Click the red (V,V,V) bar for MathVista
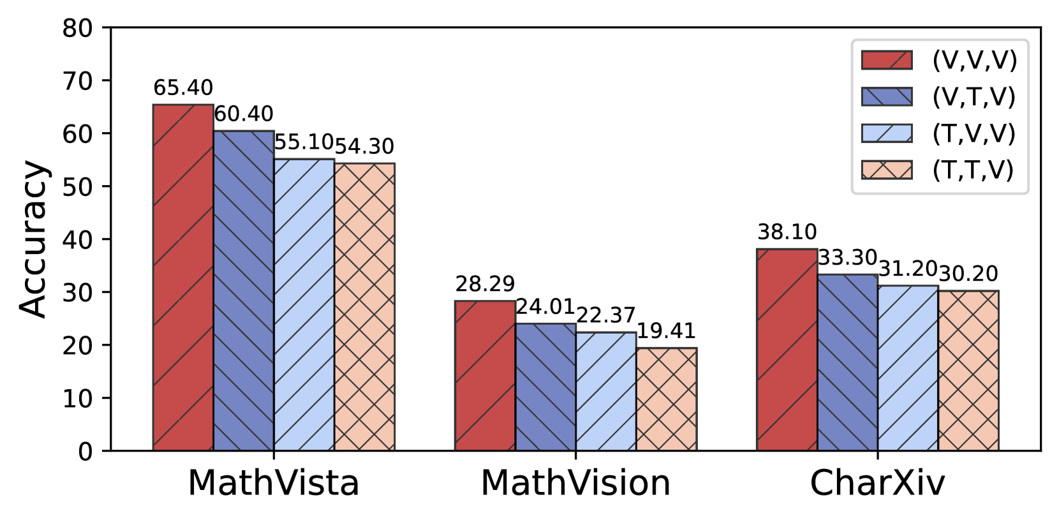point(183,278)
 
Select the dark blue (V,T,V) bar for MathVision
point(545,387)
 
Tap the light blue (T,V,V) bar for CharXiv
point(908,368)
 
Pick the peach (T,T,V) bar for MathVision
point(666,399)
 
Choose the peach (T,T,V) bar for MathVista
point(364,307)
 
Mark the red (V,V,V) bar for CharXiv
point(787,350)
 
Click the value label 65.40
point(183,88)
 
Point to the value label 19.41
point(666,331)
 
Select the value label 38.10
point(787,232)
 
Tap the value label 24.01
point(545,307)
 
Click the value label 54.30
point(364,147)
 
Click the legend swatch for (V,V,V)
point(886,60)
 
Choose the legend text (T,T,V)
point(974,170)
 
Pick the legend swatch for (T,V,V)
point(886,133)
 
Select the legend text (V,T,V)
point(974,97)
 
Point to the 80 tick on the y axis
point(77,28)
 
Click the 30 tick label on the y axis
point(77,293)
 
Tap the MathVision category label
point(575,483)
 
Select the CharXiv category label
point(877,483)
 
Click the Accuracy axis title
point(33,239)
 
